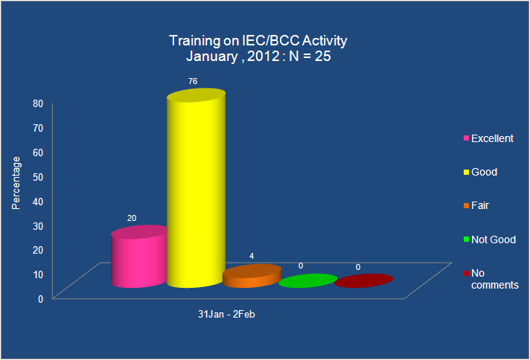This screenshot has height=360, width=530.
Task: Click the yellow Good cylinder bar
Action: coord(196,188)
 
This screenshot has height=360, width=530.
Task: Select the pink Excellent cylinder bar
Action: coord(139,257)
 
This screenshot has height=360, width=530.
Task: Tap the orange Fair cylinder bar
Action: coord(252,276)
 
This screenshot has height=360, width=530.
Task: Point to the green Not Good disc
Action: coord(307,280)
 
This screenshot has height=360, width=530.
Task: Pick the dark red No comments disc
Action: coord(364,280)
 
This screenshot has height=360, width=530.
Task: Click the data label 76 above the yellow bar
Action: coord(193,81)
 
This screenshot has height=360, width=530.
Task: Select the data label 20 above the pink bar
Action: coord(132,218)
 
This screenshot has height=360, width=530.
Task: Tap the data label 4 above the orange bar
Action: coord(252,256)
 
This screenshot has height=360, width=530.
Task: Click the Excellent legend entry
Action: coord(488,138)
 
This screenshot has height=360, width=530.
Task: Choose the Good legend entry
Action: coord(480,172)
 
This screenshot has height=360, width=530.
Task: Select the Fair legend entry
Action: coord(476,205)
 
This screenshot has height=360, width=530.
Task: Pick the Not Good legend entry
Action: coord(490,240)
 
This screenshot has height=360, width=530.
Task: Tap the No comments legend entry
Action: coord(491,279)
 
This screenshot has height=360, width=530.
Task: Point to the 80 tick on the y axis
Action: coord(38,103)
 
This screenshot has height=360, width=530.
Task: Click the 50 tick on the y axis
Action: coord(38,177)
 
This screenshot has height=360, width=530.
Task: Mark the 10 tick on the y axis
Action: coord(38,274)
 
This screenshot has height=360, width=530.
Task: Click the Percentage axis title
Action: coord(16,183)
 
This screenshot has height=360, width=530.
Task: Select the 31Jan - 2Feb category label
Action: coord(226,315)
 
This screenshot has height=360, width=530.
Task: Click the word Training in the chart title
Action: coord(194,41)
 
